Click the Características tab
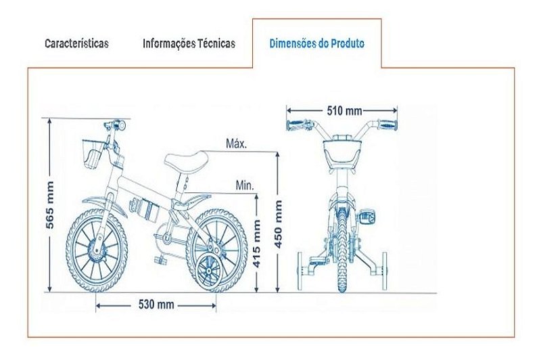click(76, 43)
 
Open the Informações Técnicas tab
click(189, 43)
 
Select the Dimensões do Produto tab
click(316, 43)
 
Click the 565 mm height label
click(50, 204)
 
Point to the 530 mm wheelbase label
click(156, 305)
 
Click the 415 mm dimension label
click(257, 244)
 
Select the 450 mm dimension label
click(278, 224)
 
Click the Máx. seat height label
click(237, 143)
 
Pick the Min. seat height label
click(245, 185)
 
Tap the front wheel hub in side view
click(97, 247)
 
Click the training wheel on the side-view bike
click(209, 271)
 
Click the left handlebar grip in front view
click(296, 126)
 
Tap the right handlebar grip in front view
click(387, 125)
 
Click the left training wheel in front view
click(300, 271)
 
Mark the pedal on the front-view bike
click(367, 216)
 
